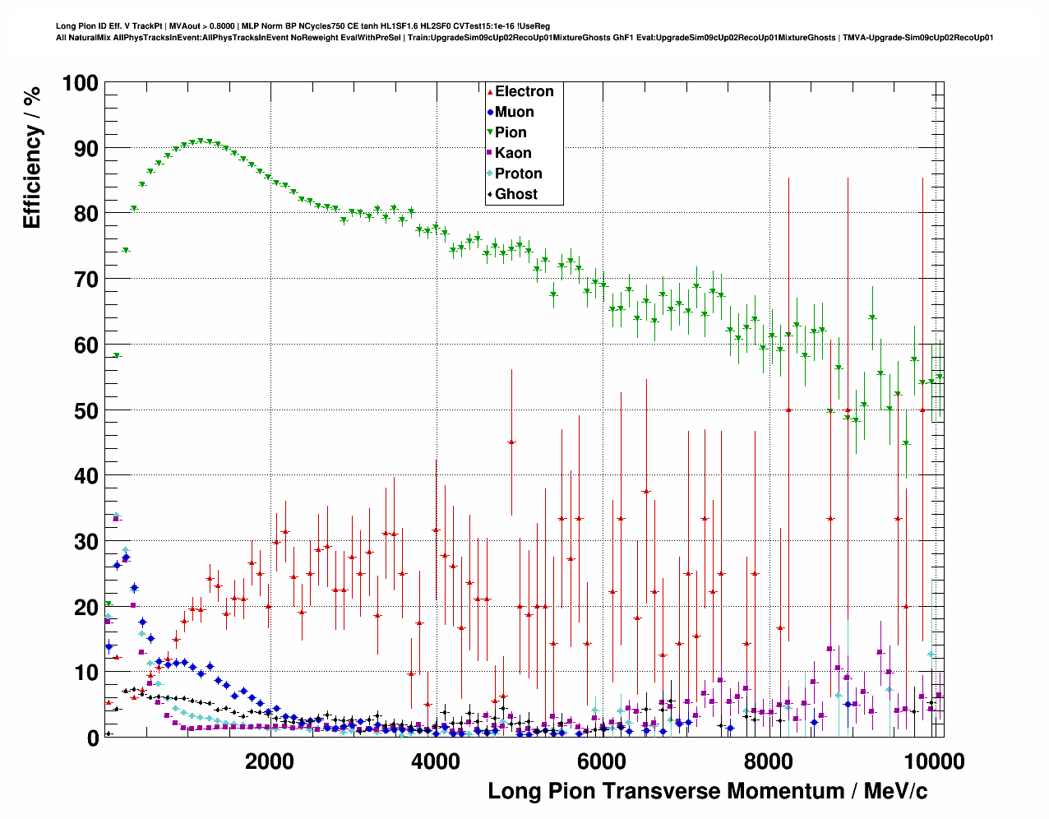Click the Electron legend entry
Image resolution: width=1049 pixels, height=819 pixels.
524,91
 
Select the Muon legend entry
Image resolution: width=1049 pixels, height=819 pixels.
514,112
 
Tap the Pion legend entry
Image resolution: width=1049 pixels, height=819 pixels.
510,132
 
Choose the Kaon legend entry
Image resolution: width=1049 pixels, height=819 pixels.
512,153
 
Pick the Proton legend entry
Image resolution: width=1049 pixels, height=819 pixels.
518,174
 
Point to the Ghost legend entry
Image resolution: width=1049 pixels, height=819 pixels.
515,194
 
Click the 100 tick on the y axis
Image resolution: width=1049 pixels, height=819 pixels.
80,83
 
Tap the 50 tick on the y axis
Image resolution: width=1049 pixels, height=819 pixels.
85,410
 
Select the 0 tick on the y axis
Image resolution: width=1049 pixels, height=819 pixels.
92,738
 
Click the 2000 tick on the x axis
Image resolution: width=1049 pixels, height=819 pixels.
270,761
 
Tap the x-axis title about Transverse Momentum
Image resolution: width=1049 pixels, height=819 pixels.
707,791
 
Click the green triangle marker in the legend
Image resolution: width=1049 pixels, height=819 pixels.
490,132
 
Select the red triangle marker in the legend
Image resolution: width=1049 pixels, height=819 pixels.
490,91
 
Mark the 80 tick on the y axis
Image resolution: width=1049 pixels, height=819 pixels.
85,214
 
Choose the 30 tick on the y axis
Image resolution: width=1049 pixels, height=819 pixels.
85,541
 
